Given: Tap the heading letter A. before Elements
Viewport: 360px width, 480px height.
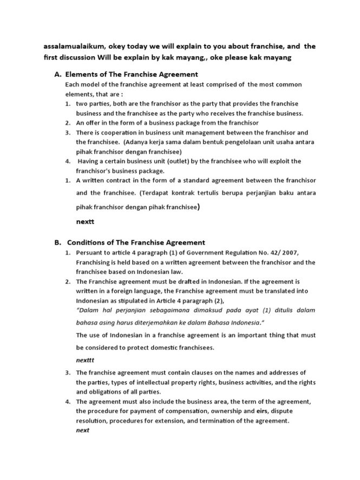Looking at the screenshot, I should pos(51,74).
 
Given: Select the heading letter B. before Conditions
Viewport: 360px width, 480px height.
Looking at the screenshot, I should pos(51,242).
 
